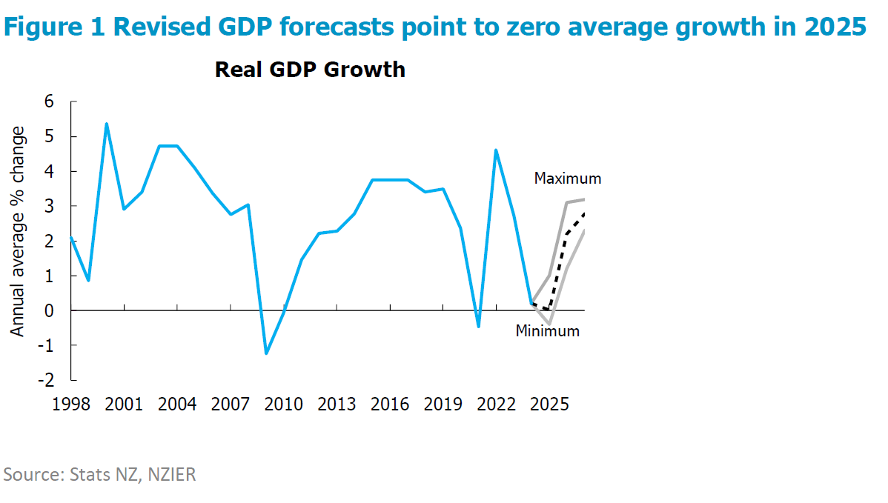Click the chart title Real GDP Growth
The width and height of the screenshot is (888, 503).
pos(310,70)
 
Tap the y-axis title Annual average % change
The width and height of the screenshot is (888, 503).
pos(19,231)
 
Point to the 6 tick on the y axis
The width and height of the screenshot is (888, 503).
pos(49,102)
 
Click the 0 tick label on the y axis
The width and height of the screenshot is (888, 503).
pos(49,310)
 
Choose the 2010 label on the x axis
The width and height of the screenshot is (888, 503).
pos(284,405)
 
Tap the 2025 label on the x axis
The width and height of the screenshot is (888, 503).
pos(549,405)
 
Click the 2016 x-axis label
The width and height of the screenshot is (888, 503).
pos(390,405)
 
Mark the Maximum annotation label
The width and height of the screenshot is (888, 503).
pos(568,179)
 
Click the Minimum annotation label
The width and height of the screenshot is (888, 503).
pos(548,331)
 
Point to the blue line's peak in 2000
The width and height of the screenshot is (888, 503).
pos(107,124)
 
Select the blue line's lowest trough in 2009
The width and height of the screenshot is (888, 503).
pos(266,353)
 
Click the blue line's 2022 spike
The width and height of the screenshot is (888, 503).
pos(496,150)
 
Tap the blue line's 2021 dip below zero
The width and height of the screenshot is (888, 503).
pos(478,326)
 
